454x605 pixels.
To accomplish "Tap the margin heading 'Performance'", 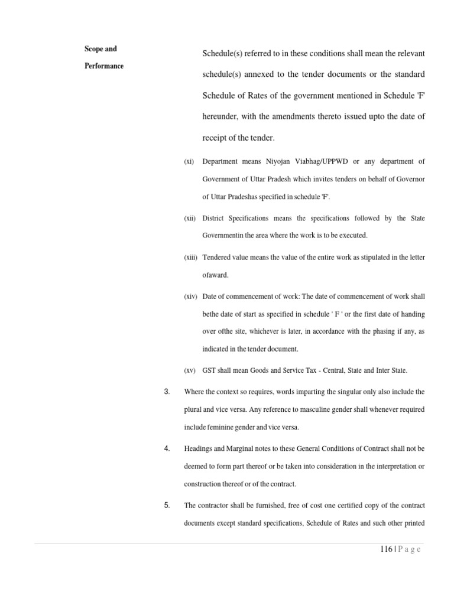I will [103, 66].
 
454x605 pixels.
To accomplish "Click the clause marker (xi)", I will [189, 161].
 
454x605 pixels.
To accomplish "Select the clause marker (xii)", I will [190, 219].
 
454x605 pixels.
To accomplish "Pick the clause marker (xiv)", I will [190, 296].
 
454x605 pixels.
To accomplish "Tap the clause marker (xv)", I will [190, 371].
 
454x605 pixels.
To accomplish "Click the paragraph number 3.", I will [167, 392].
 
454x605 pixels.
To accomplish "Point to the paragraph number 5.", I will [167, 506].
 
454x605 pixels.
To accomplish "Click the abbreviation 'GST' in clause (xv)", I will [209, 371].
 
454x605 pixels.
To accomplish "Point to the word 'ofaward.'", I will [216, 275].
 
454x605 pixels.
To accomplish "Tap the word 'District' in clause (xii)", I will [213, 219].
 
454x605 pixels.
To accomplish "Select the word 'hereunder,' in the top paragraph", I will [223, 117].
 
